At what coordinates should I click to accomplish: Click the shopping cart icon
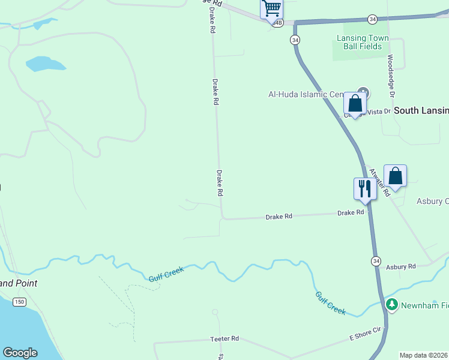pos(271,8)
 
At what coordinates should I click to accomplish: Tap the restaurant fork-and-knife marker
pos(364,188)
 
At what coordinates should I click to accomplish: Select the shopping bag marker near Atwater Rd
pos(395,176)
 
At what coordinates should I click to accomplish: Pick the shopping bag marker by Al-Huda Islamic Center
pos(355,103)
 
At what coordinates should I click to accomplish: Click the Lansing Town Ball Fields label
pos(363,43)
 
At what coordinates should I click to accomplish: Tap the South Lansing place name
pos(421,110)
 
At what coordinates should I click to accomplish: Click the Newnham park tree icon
pos(392,305)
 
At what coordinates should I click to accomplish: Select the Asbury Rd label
pos(401,267)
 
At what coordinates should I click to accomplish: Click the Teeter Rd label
pos(224,339)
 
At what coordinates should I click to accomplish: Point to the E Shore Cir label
pos(366,334)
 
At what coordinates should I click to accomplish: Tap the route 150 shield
pos(20,302)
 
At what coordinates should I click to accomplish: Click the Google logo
pos(20,353)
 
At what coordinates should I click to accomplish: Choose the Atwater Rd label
pos(380,181)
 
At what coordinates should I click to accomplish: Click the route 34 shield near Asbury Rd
pos(376,261)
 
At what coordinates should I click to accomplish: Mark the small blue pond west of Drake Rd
pos(46,64)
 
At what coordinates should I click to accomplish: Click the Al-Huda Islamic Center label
pos(306,94)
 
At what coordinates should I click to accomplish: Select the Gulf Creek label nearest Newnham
pos(331,302)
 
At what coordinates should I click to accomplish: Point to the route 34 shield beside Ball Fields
pos(295,40)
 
